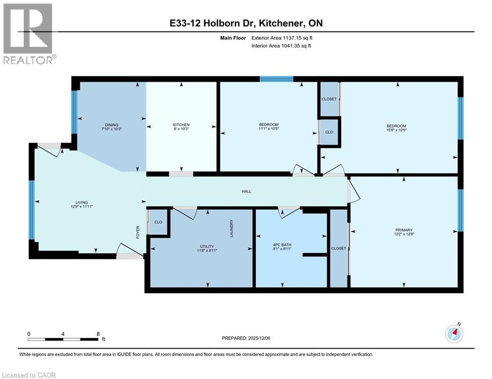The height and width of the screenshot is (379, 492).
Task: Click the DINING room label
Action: pos(111,125)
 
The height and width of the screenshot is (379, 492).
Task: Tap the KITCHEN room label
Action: pos(181,125)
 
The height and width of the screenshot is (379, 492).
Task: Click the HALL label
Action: pos(246,191)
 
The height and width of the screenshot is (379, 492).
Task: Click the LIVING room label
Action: pos(81,202)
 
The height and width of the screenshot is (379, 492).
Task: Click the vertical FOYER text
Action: pos(138,232)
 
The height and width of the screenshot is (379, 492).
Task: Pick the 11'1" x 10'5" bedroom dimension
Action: pos(268,130)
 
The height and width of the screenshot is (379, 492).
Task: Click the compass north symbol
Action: pos(454,334)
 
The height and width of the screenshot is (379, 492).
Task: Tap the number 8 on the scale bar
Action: pos(98,334)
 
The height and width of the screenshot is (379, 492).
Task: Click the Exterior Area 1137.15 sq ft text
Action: pos(282,38)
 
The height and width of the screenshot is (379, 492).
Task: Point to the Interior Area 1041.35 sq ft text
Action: pos(282,46)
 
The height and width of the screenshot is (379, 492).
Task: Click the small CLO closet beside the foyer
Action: pos(158,222)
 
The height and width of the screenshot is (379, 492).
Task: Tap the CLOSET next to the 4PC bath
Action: pos(339,248)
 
